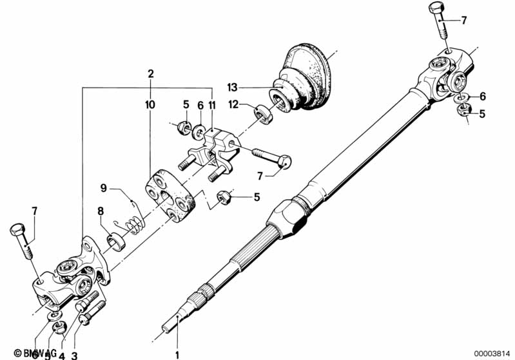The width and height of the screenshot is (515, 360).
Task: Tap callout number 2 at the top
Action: point(150,74)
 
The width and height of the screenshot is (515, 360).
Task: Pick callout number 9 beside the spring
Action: point(103,189)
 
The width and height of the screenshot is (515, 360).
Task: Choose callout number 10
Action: point(150,104)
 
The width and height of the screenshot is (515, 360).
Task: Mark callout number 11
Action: point(212,104)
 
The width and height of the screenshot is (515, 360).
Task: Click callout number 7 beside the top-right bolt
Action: point(463,21)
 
